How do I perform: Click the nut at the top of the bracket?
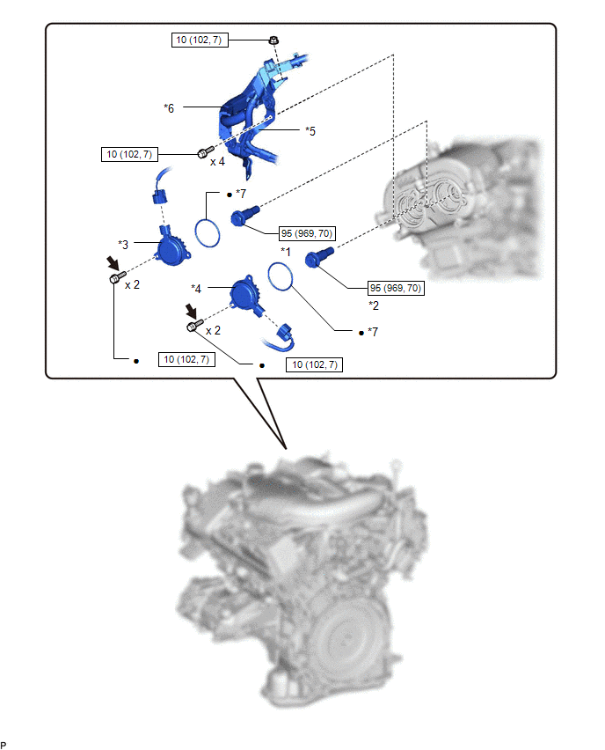pyautogui.click(x=273, y=40)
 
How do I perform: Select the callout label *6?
pyautogui.click(x=169, y=108)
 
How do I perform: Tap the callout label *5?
pyautogui.click(x=310, y=131)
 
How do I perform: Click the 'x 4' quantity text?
pyautogui.click(x=217, y=162)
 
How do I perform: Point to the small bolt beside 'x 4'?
pyautogui.click(x=205, y=152)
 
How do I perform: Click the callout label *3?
pyautogui.click(x=123, y=245)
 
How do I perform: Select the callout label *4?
pyautogui.click(x=196, y=289)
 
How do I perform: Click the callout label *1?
pyautogui.click(x=285, y=252)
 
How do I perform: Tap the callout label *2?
pyautogui.click(x=373, y=305)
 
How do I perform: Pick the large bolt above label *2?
pyautogui.click(x=318, y=256)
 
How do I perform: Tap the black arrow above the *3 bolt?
pyautogui.click(x=113, y=262)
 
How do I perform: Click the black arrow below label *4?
pyautogui.click(x=191, y=311)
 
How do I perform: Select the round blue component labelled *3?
pyautogui.click(x=171, y=248)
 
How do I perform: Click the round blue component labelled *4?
pyautogui.click(x=246, y=295)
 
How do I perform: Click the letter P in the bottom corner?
pyautogui.click(x=4, y=745)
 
